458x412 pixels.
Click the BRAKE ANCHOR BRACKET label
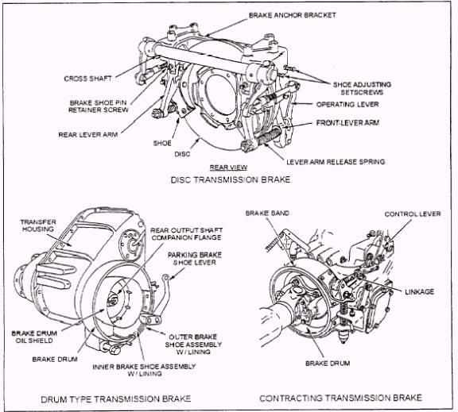pyautogui.click(x=292, y=15)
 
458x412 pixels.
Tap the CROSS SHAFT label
pyautogui.click(x=88, y=79)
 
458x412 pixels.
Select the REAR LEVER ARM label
pyautogui.click(x=88, y=135)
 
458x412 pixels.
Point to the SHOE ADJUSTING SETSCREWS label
pyautogui.click(x=362, y=88)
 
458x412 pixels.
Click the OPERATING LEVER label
pyautogui.click(x=347, y=104)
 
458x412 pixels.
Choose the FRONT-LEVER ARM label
pyautogui.click(x=347, y=123)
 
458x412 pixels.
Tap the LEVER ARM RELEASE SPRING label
pyautogui.click(x=336, y=162)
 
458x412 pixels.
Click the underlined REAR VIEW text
pyautogui.click(x=228, y=167)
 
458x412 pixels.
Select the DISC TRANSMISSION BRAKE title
pyautogui.click(x=231, y=179)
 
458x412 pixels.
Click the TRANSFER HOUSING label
pyautogui.click(x=38, y=225)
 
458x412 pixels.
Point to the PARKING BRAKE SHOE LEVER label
pyautogui.click(x=195, y=259)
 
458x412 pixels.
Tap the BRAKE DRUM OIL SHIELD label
pyautogui.click(x=34, y=337)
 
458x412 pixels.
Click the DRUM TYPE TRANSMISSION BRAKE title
pyautogui.click(x=115, y=399)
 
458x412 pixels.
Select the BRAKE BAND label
pyautogui.click(x=267, y=213)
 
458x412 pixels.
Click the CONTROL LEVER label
pyautogui.click(x=413, y=214)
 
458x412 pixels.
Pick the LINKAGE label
pyautogui.click(x=420, y=291)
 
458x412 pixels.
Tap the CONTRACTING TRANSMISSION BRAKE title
pyautogui.click(x=340, y=398)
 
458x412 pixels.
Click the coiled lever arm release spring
pyautogui.click(x=267, y=137)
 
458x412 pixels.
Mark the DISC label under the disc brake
pyautogui.click(x=182, y=154)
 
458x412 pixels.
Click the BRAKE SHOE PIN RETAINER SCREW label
pyautogui.click(x=99, y=106)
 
